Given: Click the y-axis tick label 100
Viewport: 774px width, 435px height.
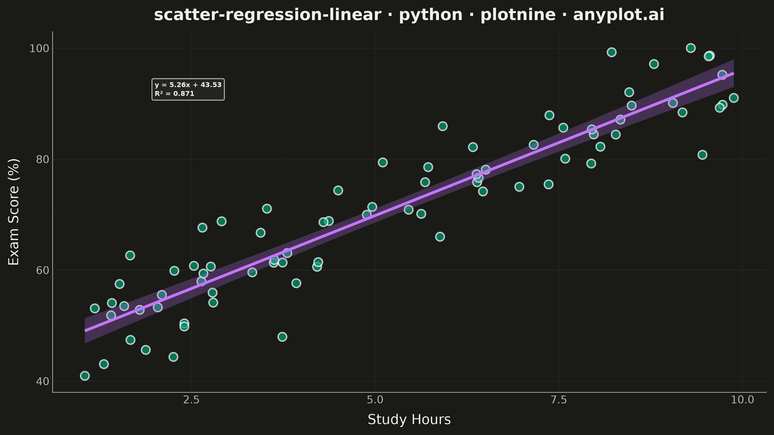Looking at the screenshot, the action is pyautogui.click(x=38, y=48).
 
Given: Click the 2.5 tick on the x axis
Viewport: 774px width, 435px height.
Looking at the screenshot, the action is pyautogui.click(x=191, y=400).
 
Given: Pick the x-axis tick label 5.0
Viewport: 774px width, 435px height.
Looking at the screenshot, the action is pyautogui.click(x=375, y=400).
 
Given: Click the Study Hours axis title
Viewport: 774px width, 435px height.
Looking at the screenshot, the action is pyautogui.click(x=409, y=419).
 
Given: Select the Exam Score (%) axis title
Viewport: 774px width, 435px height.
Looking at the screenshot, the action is pyautogui.click(x=14, y=212).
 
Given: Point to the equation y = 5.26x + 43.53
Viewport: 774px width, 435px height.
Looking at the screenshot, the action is pyautogui.click(x=188, y=85).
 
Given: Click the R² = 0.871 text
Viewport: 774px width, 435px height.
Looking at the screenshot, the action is pyautogui.click(x=175, y=94).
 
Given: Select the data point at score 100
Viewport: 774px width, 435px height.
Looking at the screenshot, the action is pyautogui.click(x=691, y=48).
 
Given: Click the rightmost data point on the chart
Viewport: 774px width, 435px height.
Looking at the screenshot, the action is pyautogui.click(x=734, y=98).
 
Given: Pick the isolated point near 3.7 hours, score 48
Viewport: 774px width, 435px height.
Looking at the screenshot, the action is pyautogui.click(x=282, y=337).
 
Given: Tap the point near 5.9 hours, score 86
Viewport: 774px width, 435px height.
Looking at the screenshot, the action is pyautogui.click(x=443, y=126).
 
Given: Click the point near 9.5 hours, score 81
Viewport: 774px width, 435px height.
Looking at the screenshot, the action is pyautogui.click(x=702, y=155).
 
